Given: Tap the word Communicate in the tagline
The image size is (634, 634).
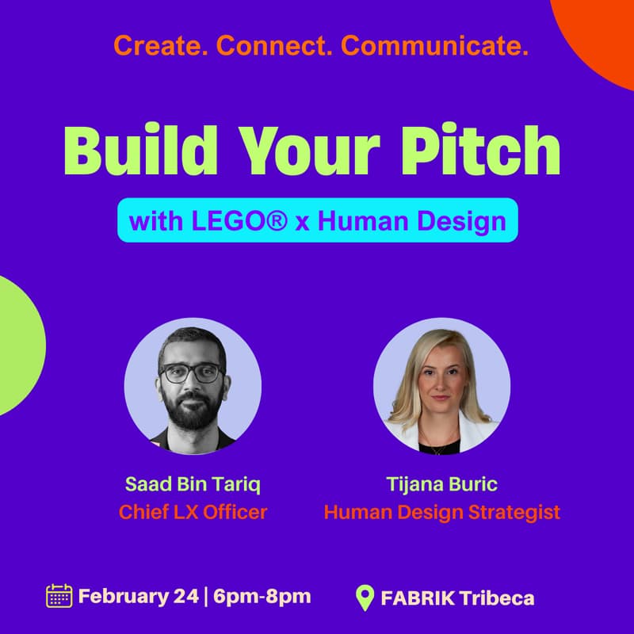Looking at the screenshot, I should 435,46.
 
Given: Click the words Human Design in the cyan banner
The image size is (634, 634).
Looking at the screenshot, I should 411,220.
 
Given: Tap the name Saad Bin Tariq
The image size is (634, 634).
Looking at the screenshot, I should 193,484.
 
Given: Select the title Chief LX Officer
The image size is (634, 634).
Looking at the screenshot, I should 193,512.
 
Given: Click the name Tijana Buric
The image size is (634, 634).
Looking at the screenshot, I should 441,484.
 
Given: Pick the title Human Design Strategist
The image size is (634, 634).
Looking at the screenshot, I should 441,512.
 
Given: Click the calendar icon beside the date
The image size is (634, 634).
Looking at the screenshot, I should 59,595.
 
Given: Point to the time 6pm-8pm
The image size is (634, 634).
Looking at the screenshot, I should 261,596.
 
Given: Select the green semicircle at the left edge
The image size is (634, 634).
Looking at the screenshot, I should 17,345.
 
